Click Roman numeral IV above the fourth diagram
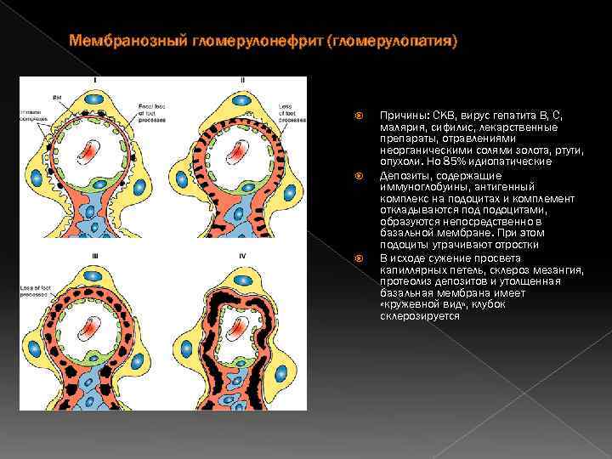(243, 254)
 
